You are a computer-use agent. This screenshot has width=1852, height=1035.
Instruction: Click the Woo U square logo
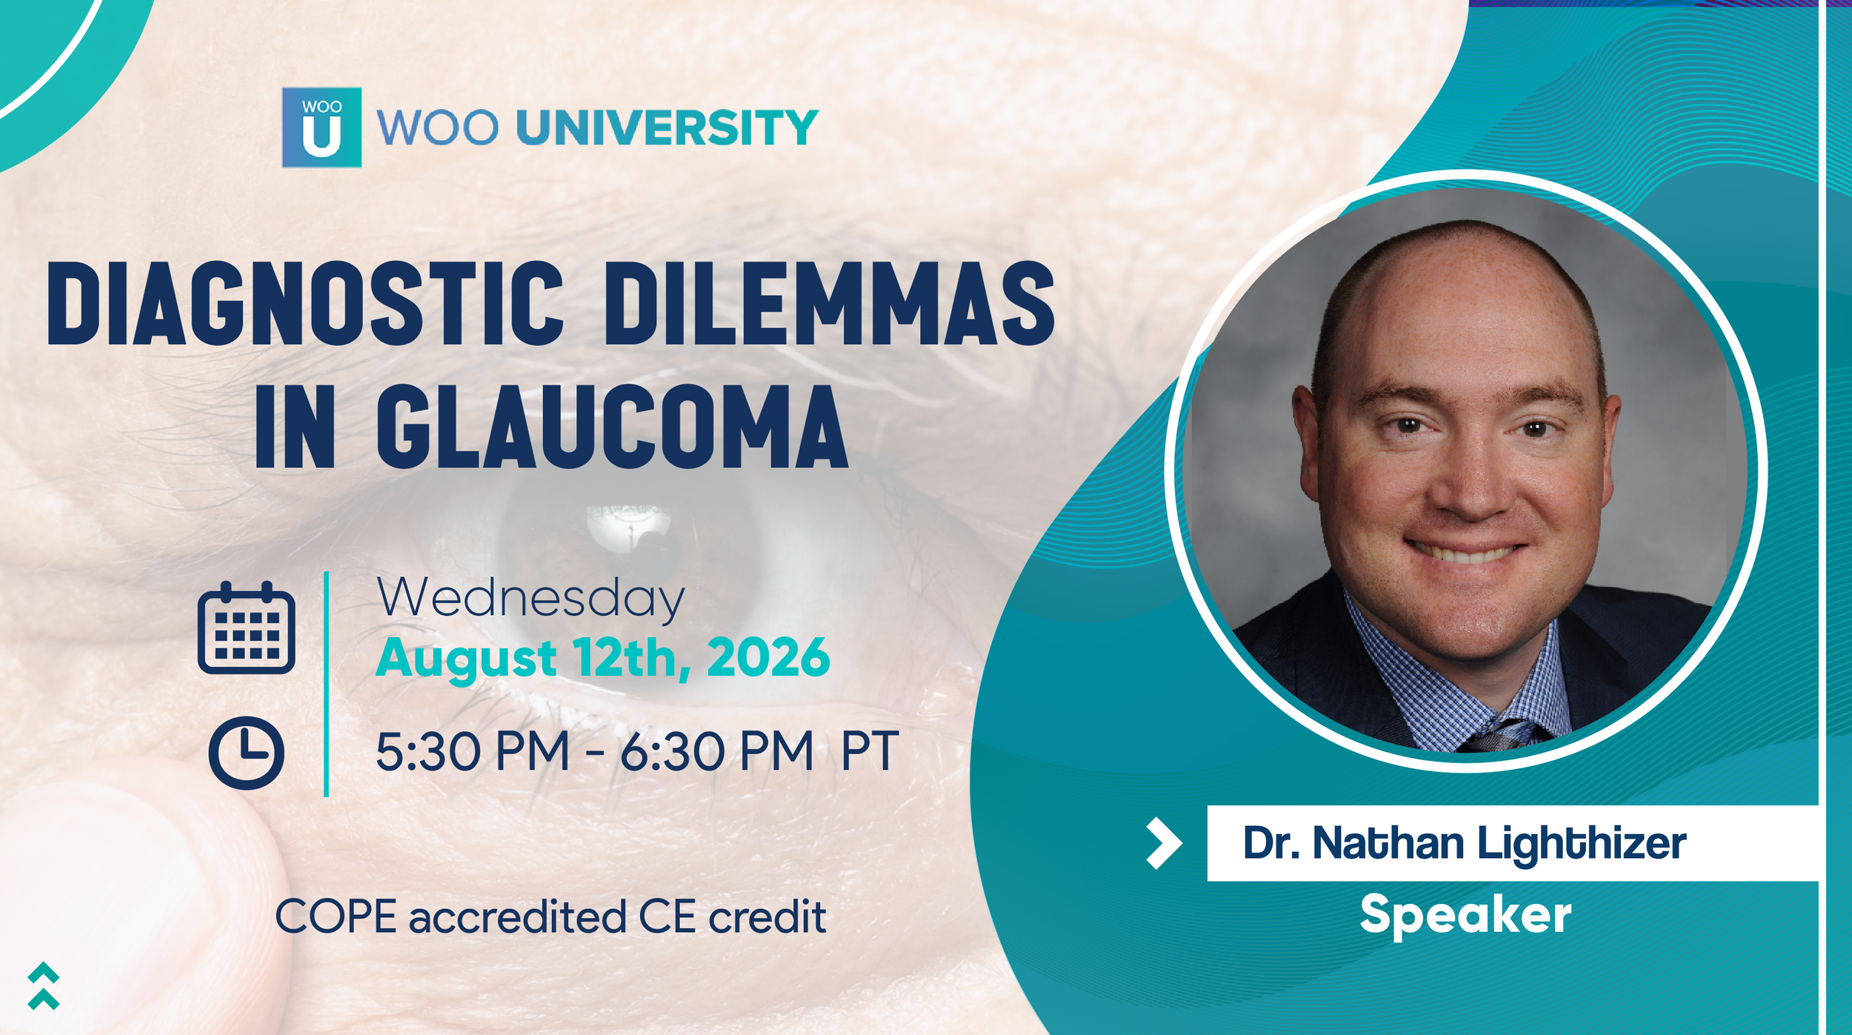322,127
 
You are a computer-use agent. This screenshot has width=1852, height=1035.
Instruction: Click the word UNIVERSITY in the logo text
667,127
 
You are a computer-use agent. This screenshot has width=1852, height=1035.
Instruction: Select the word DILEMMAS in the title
830,304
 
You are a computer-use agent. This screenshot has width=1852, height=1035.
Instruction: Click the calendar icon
246,628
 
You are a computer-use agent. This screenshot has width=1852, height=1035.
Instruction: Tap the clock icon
246,753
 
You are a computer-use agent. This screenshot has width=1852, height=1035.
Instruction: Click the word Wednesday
530,597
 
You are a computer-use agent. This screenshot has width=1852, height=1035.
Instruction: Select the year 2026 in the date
768,658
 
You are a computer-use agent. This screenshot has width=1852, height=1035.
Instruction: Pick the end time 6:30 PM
716,753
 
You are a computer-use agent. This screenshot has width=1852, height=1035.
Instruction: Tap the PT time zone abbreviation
870,753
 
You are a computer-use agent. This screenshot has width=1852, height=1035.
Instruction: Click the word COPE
336,917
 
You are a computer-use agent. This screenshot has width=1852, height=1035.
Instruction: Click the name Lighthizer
1581,844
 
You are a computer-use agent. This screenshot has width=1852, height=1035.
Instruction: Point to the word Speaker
1465,915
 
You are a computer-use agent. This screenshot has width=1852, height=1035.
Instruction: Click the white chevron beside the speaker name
1164,843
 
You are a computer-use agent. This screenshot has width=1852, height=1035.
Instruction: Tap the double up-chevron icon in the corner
43,986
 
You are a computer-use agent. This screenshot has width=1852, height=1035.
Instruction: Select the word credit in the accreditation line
767,917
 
